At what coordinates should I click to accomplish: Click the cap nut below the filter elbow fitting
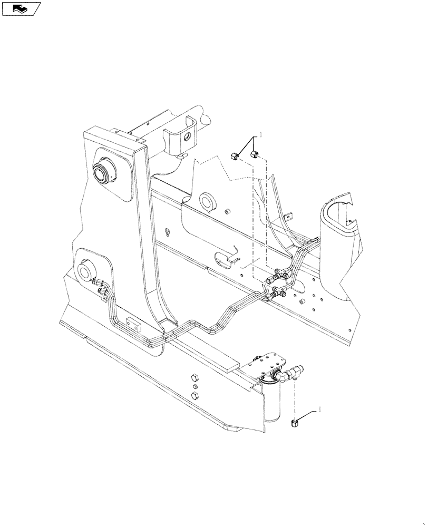(295, 423)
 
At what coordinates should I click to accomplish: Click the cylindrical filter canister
(275, 403)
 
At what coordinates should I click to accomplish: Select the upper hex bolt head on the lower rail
(194, 379)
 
